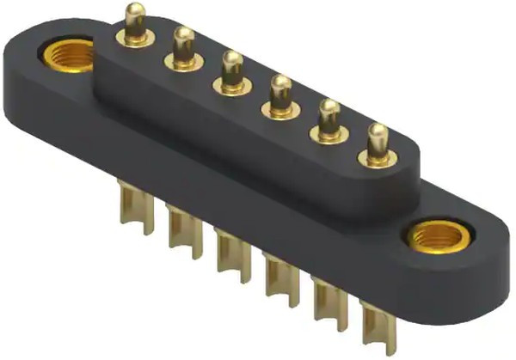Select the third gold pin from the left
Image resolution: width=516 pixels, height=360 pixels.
231,70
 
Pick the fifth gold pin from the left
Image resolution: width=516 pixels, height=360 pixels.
328,119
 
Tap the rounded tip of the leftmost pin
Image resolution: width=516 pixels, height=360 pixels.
133,10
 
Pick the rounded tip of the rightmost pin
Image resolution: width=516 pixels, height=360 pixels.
377,131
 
